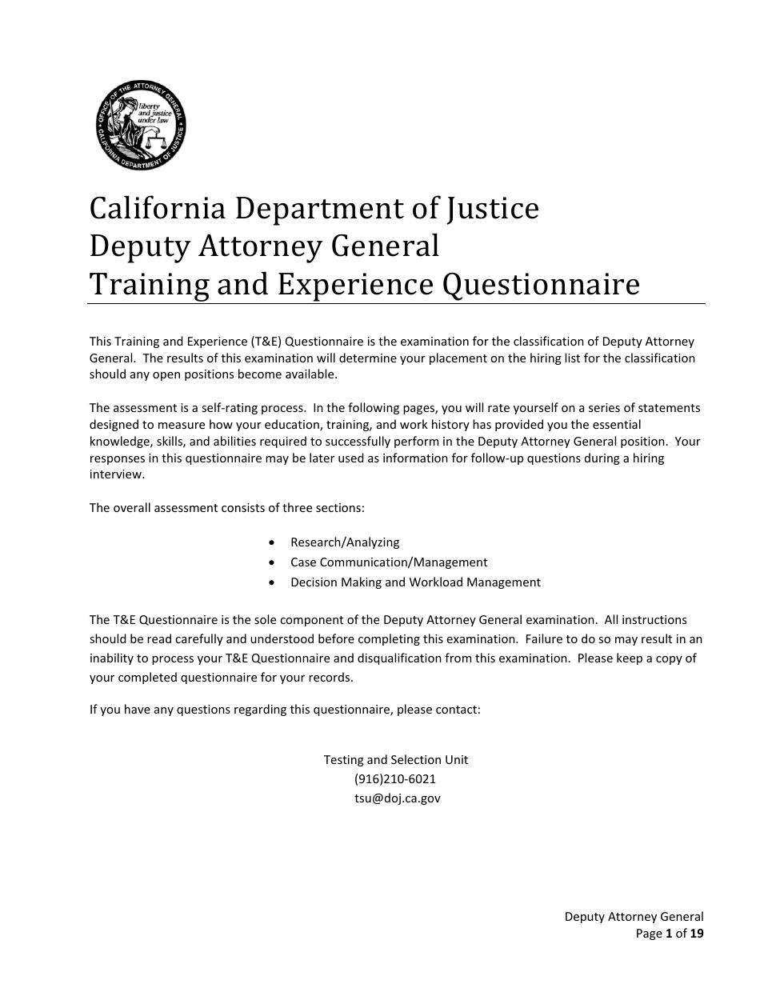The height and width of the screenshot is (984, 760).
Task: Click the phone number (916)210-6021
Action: (395, 778)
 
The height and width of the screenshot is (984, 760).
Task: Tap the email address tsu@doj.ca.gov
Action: (397, 798)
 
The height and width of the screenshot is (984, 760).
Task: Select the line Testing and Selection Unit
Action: (396, 759)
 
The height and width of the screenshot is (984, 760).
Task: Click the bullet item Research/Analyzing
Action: (345, 542)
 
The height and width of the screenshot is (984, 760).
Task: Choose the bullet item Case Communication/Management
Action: (389, 562)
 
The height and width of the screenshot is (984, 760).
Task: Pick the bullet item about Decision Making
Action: (415, 582)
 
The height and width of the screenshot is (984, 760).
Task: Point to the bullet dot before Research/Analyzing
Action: (273, 542)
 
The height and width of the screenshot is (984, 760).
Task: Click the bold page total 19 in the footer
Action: (697, 933)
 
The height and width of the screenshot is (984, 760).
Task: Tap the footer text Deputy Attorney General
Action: (634, 917)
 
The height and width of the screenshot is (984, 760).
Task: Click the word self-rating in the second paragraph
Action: (228, 408)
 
